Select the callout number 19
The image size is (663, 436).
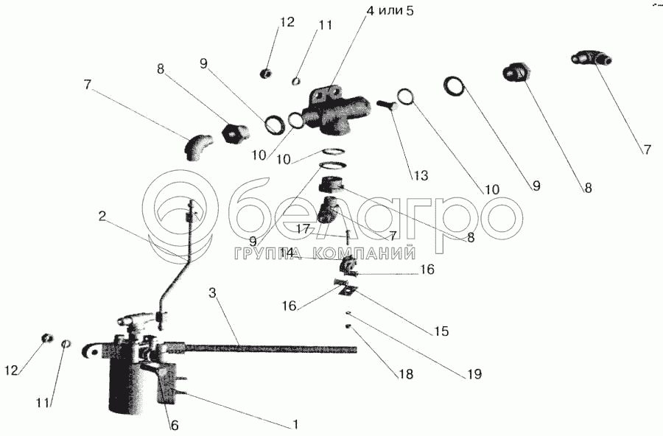pyautogui.click(x=474, y=374)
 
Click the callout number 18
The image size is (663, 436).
pyautogui.click(x=405, y=374)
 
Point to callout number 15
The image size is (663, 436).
pyautogui.click(x=441, y=331)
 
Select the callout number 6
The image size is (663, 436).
pyautogui.click(x=175, y=426)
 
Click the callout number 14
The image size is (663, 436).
pyautogui.click(x=287, y=252)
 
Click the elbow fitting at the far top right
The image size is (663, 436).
pyautogui.click(x=588, y=58)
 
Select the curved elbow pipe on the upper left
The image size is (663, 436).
pyautogui.click(x=197, y=144)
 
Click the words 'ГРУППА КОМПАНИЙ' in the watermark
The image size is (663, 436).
pyautogui.click(x=321, y=254)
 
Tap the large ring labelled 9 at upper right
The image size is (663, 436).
pyautogui.click(x=455, y=86)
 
